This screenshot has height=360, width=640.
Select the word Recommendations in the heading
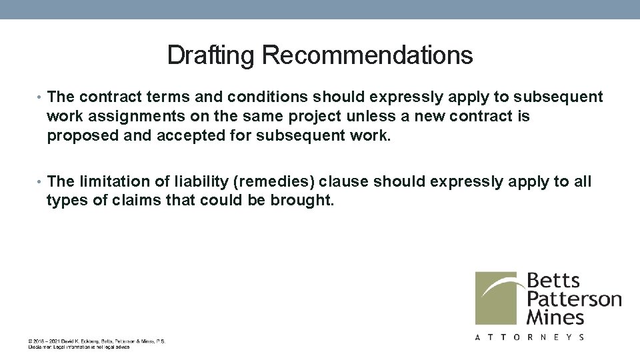(x=367, y=55)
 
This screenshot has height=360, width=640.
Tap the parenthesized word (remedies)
(x=275, y=181)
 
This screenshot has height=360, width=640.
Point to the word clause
(x=347, y=181)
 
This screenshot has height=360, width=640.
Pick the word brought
(x=301, y=200)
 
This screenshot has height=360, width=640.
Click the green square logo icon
(x=497, y=297)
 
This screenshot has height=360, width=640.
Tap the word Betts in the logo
(x=553, y=281)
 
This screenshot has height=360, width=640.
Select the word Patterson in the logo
(x=574, y=299)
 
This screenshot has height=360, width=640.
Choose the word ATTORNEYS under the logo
(x=530, y=337)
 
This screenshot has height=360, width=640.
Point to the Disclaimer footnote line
(x=79, y=347)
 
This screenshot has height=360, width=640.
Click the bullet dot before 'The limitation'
(x=41, y=182)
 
